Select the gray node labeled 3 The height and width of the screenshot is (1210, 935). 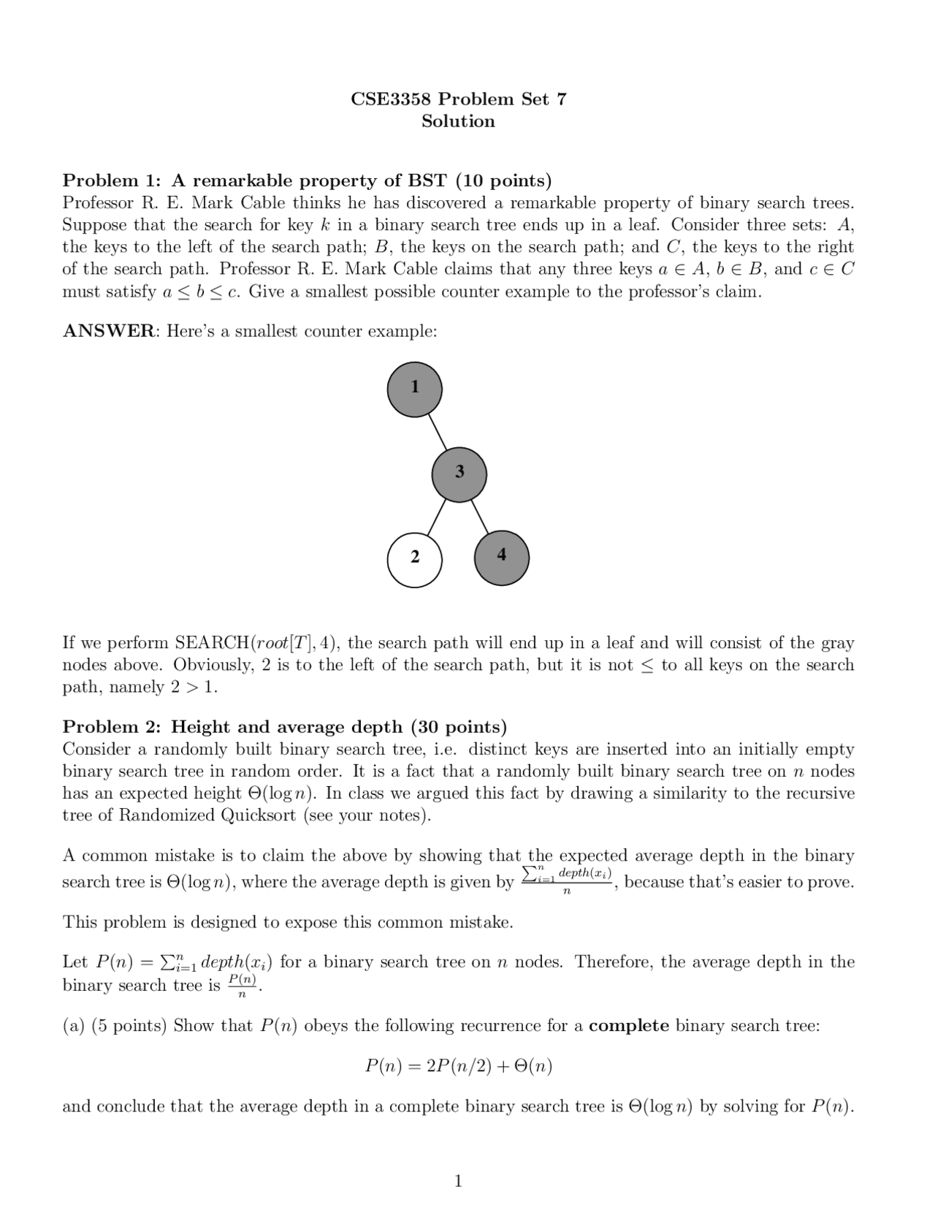pos(459,473)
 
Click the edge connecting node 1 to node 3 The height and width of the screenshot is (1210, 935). pos(437,431)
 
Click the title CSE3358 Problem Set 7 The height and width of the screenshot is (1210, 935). pos(458,99)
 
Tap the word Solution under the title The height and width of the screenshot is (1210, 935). pos(458,121)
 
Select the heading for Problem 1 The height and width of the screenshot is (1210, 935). pos(307,180)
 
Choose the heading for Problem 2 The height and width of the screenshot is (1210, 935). pos(284,727)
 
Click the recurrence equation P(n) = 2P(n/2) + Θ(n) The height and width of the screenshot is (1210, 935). pos(458,1066)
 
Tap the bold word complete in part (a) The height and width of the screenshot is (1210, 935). pos(628,1026)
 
